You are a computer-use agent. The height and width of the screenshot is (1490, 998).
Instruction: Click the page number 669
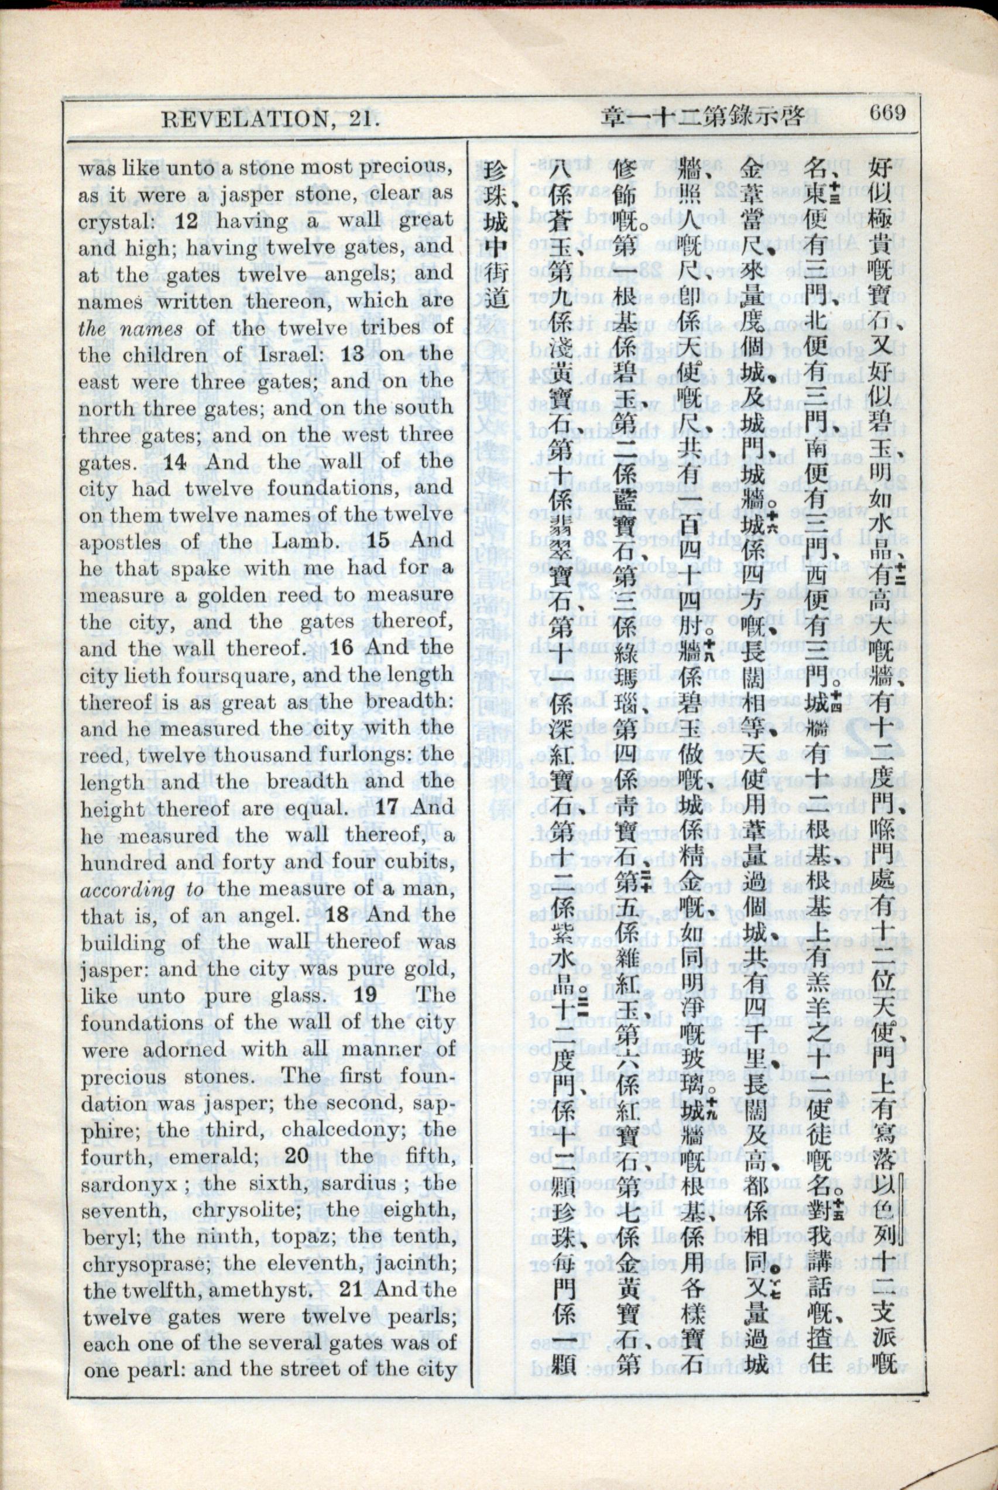point(887,114)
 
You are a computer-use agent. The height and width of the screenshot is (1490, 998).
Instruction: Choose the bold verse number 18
point(337,915)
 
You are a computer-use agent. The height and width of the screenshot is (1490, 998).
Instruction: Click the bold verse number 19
point(365,995)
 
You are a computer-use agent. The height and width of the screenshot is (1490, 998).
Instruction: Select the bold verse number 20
point(297,1155)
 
